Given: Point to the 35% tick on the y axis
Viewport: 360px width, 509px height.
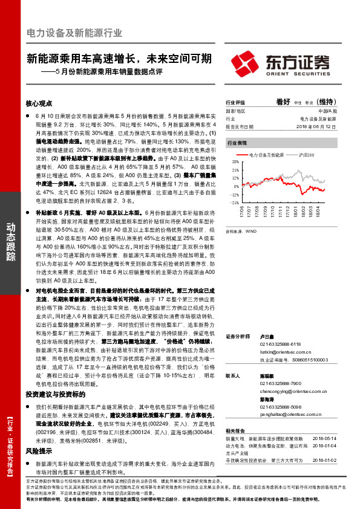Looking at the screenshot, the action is pyautogui.click(x=234, y=162).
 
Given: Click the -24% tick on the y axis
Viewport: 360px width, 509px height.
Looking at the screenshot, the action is pyautogui.click(x=233, y=203).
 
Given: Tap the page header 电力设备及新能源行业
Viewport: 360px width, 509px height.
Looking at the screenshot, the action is pyautogui.click(x=75, y=33).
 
